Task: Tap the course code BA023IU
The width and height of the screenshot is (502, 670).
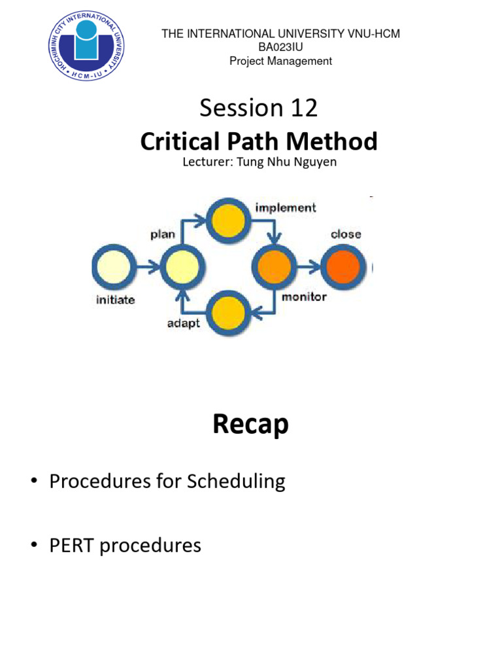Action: (x=280, y=47)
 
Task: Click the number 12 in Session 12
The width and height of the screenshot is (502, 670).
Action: (x=304, y=108)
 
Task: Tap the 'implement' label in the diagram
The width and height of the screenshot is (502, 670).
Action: (x=285, y=207)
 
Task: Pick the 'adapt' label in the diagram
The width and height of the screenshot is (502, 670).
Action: (x=184, y=323)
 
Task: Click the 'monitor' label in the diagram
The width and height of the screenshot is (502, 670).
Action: (x=304, y=297)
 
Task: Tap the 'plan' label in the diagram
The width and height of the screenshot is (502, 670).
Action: (x=163, y=234)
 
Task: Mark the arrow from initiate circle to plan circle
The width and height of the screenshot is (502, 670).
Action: (x=148, y=266)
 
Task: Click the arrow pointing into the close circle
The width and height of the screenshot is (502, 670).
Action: (x=309, y=266)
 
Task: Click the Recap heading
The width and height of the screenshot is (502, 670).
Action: (x=250, y=425)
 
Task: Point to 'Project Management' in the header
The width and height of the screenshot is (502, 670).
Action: (x=280, y=61)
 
